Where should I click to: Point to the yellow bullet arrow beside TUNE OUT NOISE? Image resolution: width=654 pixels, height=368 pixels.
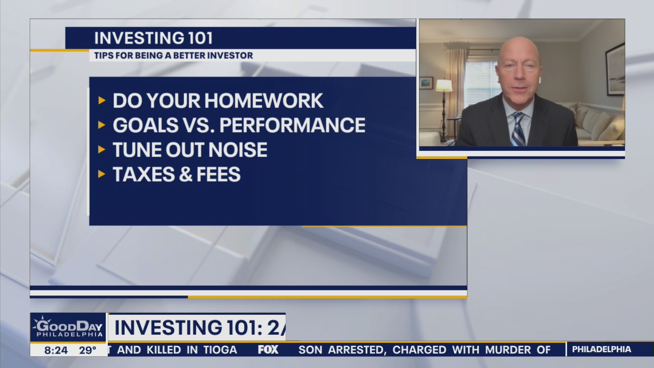coord(102,150)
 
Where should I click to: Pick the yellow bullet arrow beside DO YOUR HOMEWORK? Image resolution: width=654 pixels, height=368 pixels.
coord(102,101)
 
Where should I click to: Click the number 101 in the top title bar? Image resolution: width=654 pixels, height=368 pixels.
coord(196,38)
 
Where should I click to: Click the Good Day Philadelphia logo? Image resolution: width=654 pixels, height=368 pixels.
coord(68,327)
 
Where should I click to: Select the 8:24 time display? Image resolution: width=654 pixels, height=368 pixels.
coord(56,350)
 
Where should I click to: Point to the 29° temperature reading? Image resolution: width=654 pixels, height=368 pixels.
coord(87,350)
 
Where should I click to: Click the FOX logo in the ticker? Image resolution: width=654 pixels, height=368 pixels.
coord(268,350)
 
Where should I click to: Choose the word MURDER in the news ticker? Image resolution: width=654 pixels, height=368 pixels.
coord(505,350)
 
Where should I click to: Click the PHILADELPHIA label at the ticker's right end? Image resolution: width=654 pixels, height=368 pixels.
coord(601,350)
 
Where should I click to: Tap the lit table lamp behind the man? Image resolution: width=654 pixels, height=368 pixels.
coord(443,86)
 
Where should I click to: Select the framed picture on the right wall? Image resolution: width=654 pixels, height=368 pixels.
coord(615,70)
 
